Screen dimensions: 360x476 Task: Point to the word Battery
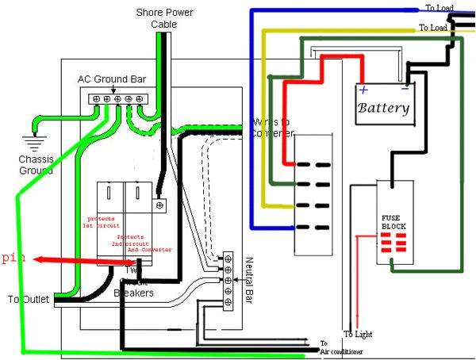pyautogui.click(x=383, y=108)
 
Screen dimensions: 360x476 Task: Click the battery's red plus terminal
pyautogui.click(x=363, y=89)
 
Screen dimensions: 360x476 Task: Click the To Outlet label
pyautogui.click(x=28, y=300)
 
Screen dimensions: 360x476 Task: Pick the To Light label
pyautogui.click(x=359, y=334)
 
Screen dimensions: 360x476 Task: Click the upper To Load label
pyautogui.click(x=440, y=8)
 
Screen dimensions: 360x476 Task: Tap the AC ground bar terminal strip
pyautogui.click(x=118, y=98)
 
